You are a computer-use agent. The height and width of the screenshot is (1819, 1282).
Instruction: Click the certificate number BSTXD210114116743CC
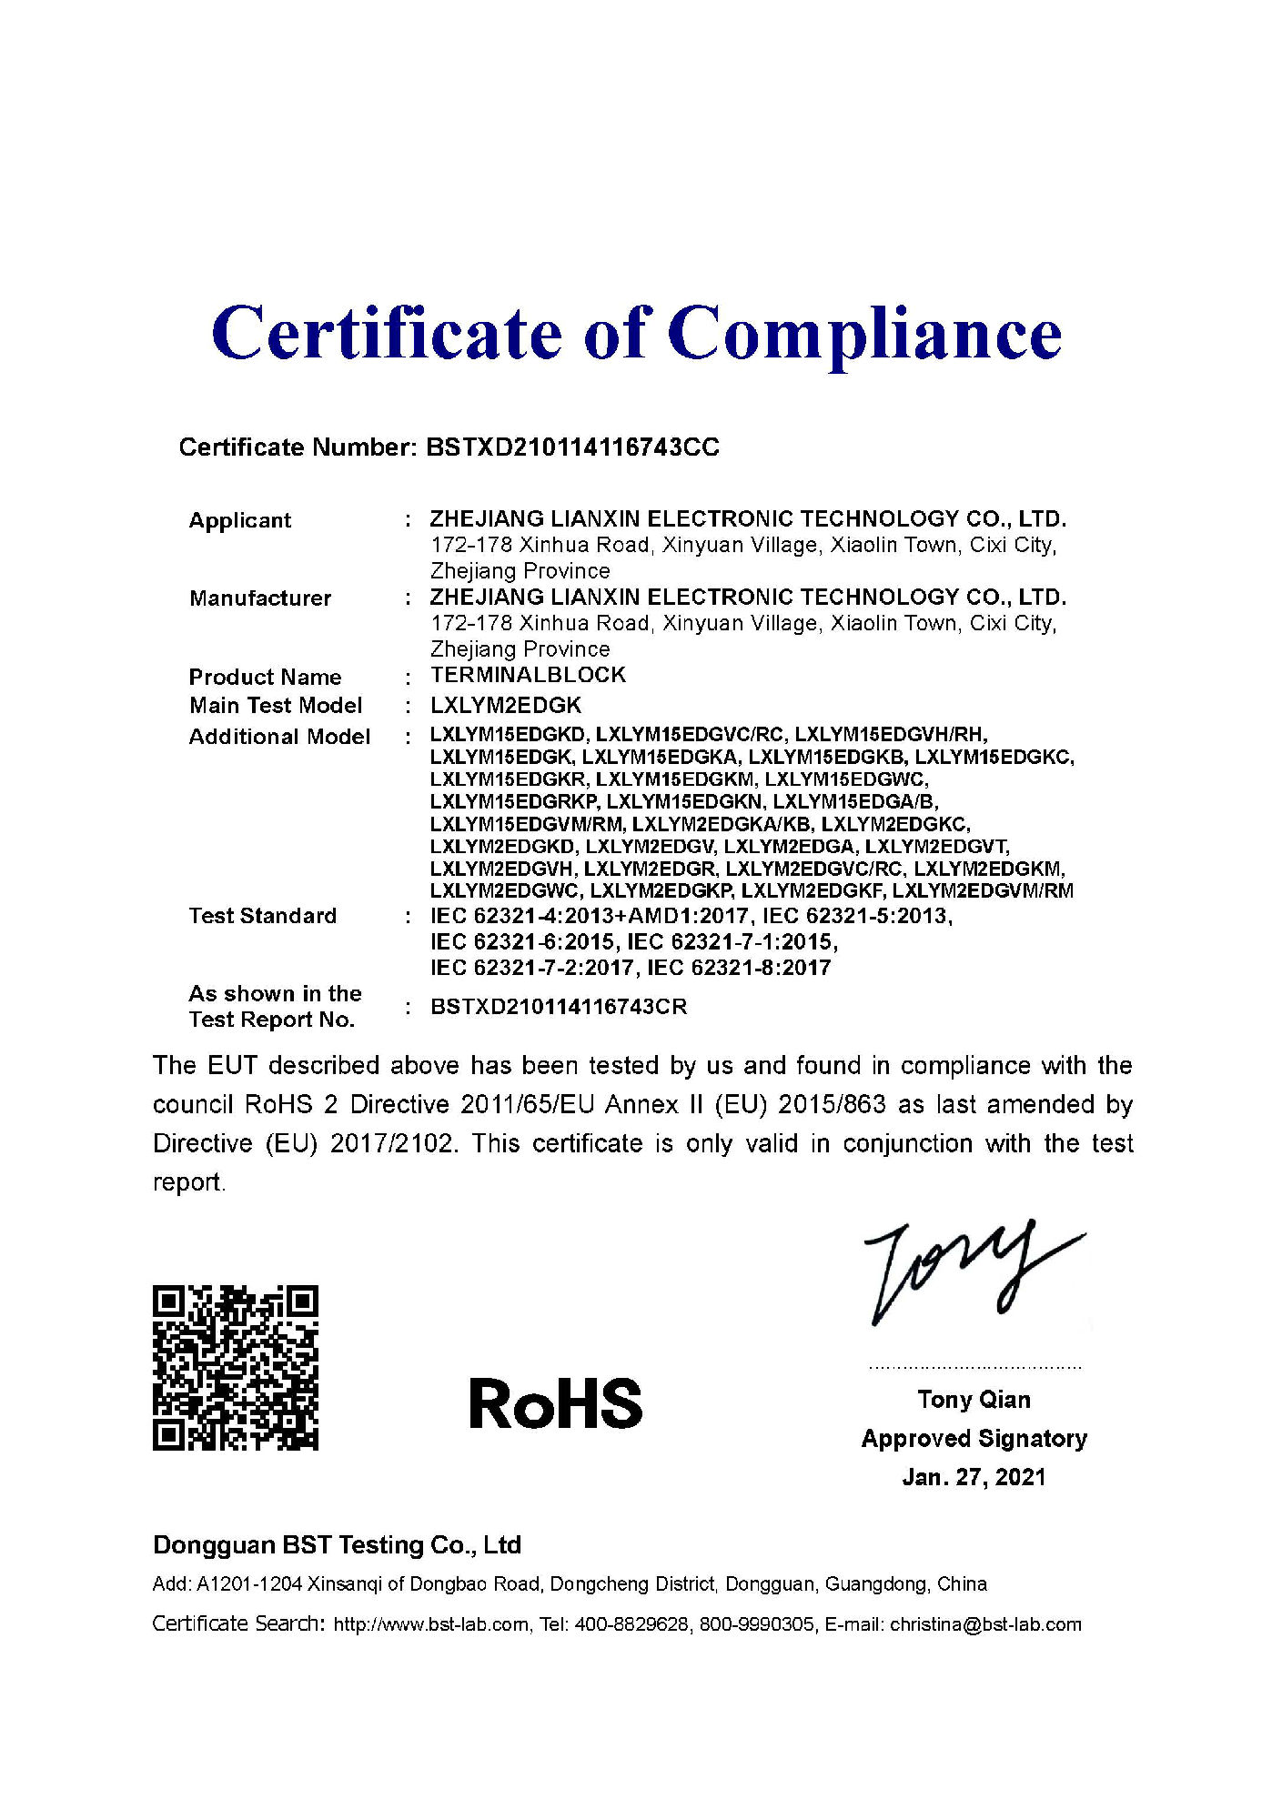tap(572, 447)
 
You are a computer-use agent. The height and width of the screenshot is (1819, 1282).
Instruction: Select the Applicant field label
tap(240, 520)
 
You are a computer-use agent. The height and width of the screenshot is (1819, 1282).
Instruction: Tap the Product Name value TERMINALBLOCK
tap(528, 675)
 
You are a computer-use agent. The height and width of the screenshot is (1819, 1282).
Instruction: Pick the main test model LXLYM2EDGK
tap(506, 705)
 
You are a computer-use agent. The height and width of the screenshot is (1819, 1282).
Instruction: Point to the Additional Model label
tap(279, 736)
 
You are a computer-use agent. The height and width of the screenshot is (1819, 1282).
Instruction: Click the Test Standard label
tap(262, 915)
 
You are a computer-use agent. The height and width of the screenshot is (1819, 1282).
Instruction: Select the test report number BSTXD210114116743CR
tap(559, 1007)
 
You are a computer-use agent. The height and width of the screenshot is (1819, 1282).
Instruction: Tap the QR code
tap(236, 1367)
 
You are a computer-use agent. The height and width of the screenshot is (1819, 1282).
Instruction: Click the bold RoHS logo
tap(555, 1402)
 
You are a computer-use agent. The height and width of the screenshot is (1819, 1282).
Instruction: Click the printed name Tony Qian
tap(974, 1399)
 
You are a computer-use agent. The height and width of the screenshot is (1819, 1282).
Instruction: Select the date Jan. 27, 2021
tap(974, 1477)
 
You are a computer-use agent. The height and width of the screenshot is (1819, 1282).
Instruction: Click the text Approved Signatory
tap(974, 1438)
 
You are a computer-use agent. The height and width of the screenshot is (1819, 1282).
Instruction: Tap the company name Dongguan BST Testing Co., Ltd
tap(337, 1544)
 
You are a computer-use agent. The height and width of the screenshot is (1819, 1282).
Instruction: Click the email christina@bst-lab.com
tap(985, 1623)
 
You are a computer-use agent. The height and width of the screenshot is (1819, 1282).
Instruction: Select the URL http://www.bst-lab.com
tap(431, 1624)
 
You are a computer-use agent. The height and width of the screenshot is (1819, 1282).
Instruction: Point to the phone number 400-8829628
tap(631, 1624)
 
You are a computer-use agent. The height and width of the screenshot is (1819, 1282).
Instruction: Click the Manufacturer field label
tap(260, 598)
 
